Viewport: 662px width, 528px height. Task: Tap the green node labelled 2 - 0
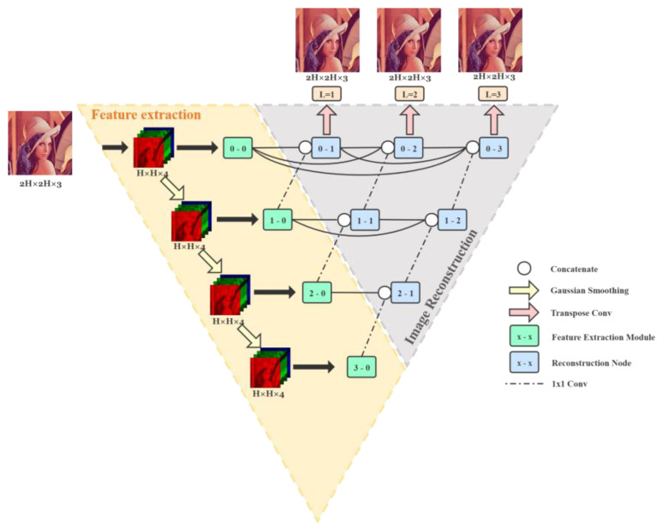pyautogui.click(x=317, y=293)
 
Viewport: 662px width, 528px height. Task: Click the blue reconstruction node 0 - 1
pyautogui.click(x=326, y=148)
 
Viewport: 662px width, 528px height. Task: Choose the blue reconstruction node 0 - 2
pyautogui.click(x=409, y=148)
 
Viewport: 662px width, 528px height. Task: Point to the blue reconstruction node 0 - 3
pyautogui.click(x=493, y=148)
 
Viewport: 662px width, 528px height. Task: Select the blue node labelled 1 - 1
pyautogui.click(x=366, y=220)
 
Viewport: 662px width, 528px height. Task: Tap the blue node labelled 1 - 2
pyautogui.click(x=452, y=220)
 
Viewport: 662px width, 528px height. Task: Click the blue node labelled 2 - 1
pyautogui.click(x=405, y=293)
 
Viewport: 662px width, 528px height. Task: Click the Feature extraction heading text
pyautogui.click(x=146, y=115)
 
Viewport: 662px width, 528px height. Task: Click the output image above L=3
pyautogui.click(x=492, y=39)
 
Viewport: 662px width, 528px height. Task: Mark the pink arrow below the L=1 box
pyautogui.click(x=326, y=117)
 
